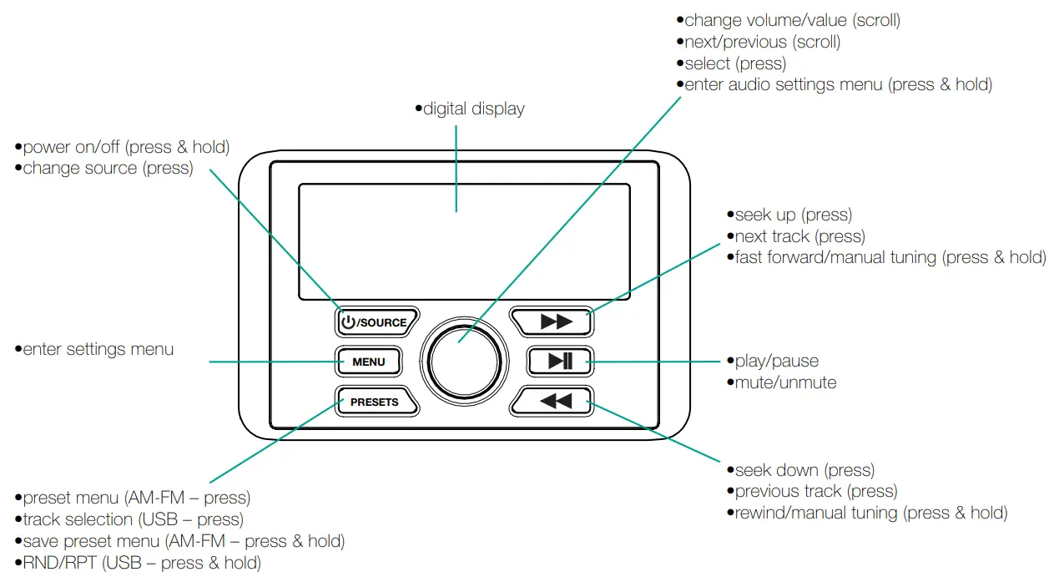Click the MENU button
pyautogui.click(x=368, y=362)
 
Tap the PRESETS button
pyautogui.click(x=375, y=402)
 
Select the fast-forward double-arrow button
pyautogui.click(x=552, y=321)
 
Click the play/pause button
pyautogui.click(x=560, y=361)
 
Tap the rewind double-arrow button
pyautogui.click(x=552, y=401)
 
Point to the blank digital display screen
pyautogui.click(x=463, y=242)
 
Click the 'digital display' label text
pyautogui.click(x=473, y=109)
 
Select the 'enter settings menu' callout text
pyautogui.click(x=98, y=349)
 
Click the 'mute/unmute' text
pyautogui.click(x=784, y=382)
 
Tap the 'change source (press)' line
pyautogui.click(x=108, y=168)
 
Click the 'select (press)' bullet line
pyautogui.click(x=734, y=63)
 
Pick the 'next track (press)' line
pyautogui.click(x=799, y=236)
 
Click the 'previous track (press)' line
pyautogui.click(x=815, y=491)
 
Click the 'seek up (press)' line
pyautogui.click(x=793, y=215)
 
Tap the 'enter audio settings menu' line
pyautogui.click(x=837, y=84)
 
